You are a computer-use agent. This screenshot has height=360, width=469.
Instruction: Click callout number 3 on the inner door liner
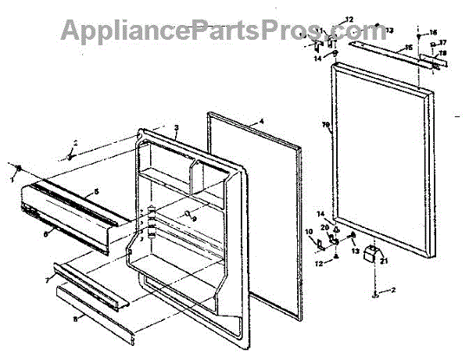(177, 127)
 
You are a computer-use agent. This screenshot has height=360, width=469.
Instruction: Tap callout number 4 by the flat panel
(262, 122)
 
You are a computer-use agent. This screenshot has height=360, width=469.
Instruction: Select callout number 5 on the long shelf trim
(96, 191)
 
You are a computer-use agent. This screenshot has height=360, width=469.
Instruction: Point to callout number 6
(46, 233)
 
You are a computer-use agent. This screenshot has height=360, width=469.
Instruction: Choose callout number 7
(48, 278)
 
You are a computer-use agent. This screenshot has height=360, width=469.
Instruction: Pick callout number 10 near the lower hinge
(308, 232)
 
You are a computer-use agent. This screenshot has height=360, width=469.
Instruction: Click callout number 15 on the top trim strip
(407, 48)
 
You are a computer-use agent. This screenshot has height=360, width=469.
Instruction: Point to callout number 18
(442, 54)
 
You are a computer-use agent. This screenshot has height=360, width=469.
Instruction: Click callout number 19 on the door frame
(326, 125)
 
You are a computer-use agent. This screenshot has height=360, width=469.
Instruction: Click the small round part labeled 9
(188, 213)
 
